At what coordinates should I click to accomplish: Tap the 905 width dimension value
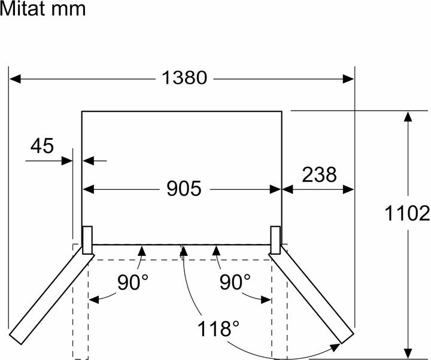(183, 189)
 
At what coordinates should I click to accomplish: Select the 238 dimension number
(319, 175)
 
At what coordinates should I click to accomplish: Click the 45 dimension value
(41, 145)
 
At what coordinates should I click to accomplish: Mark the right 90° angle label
(234, 283)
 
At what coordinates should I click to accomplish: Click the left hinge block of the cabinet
(87, 240)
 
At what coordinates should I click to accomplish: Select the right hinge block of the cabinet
(276, 240)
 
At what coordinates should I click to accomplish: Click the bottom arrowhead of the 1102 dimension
(408, 352)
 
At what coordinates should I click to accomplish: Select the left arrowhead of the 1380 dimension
(14, 78)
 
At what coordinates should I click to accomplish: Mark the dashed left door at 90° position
(80, 305)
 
